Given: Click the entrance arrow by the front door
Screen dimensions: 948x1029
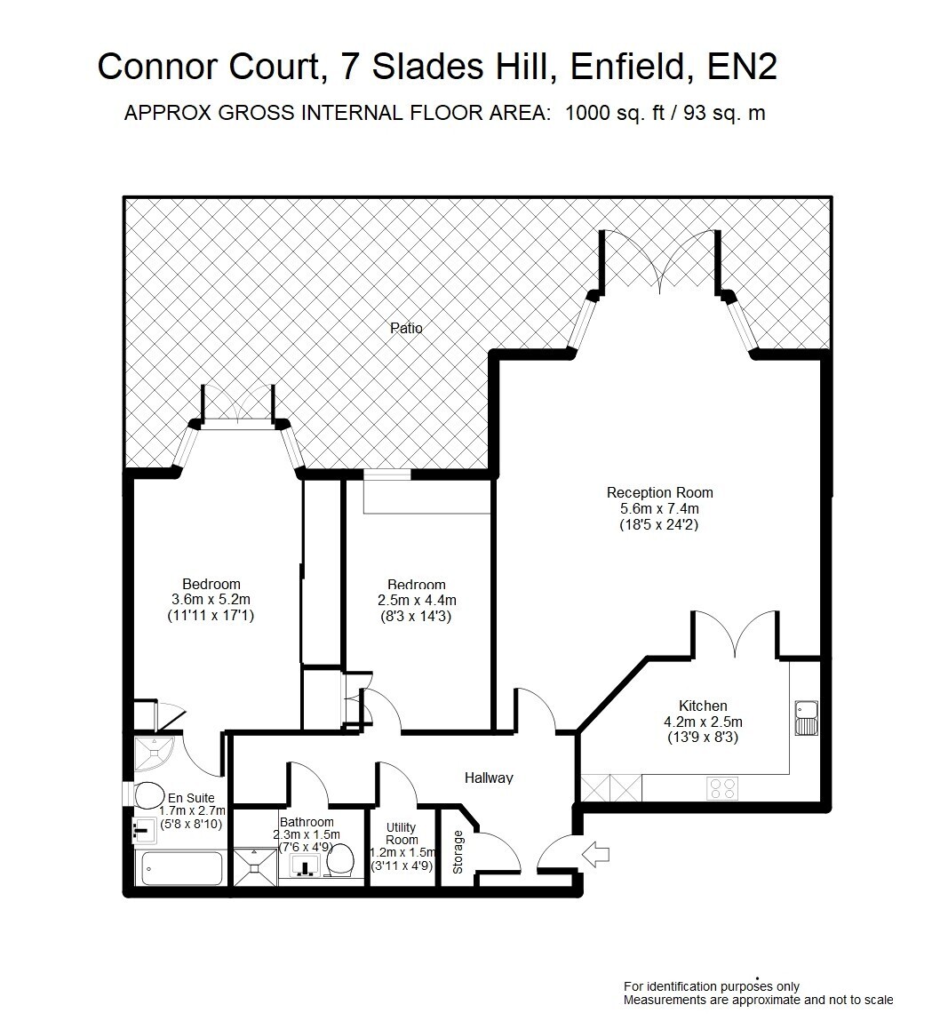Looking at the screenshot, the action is click(595, 855).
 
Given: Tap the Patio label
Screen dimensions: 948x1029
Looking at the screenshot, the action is click(406, 328).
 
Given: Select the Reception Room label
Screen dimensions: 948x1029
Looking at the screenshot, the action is click(659, 492).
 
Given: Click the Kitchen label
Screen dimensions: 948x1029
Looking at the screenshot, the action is click(703, 706).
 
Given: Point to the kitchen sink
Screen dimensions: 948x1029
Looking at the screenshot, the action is click(807, 718).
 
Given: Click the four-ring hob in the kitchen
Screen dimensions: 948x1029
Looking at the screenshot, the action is click(722, 788).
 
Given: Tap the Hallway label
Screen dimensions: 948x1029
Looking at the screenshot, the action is click(489, 778).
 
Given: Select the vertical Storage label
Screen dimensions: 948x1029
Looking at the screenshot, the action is click(458, 852).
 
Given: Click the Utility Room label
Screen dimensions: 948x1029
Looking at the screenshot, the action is click(402, 834).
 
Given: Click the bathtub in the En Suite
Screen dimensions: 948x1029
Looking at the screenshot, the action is click(182, 868).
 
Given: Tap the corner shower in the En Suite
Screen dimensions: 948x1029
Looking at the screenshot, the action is click(155, 754).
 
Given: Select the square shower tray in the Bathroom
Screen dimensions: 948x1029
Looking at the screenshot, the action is click(255, 867).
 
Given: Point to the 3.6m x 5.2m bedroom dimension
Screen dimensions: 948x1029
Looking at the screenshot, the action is click(211, 599).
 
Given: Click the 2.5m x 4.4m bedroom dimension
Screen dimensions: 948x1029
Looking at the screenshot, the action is click(418, 600).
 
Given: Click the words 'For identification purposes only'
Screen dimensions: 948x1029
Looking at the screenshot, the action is click(712, 986).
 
